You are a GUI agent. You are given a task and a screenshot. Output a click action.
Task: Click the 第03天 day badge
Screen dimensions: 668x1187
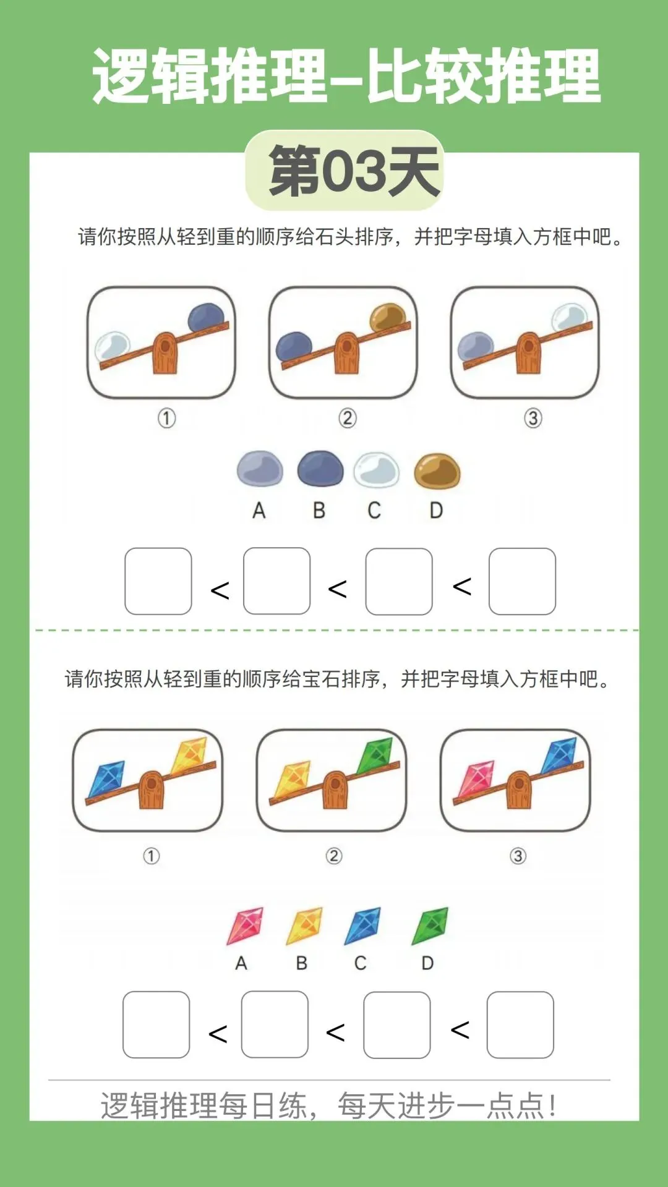pos(345,171)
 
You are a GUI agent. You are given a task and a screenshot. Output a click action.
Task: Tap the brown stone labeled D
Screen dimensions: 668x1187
pos(437,471)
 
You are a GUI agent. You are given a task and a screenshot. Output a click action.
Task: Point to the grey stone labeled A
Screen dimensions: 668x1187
pos(260,468)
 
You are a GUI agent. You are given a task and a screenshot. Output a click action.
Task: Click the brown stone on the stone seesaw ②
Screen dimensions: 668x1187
pos(388,317)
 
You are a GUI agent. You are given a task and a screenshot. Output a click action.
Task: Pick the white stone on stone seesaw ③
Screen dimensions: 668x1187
pos(569,317)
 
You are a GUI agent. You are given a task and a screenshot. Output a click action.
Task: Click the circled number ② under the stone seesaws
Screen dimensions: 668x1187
pos(348,419)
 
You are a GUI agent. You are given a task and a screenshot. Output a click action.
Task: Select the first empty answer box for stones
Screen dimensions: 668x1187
pos(158,581)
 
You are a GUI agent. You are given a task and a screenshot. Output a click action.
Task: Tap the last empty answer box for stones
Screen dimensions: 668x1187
pos(522,581)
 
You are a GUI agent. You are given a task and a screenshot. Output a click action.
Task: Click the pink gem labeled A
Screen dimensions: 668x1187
pos(245,925)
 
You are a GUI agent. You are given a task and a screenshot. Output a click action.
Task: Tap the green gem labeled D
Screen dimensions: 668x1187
pos(430,925)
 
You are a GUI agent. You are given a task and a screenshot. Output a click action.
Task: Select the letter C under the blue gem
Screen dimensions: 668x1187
pos(361,963)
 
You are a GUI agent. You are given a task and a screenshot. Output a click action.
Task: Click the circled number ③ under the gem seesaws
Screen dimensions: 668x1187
pos(518,856)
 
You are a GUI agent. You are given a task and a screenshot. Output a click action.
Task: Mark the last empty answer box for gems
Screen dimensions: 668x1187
pos(520,1025)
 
